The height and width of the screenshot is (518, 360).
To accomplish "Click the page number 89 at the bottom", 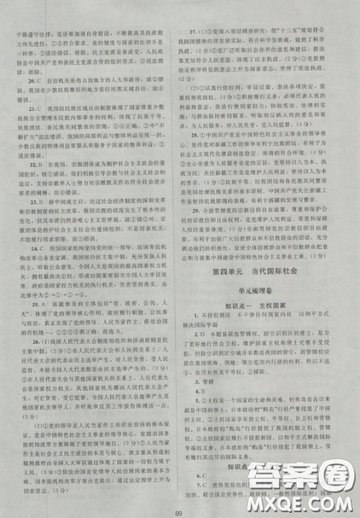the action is [x=179, y=509].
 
